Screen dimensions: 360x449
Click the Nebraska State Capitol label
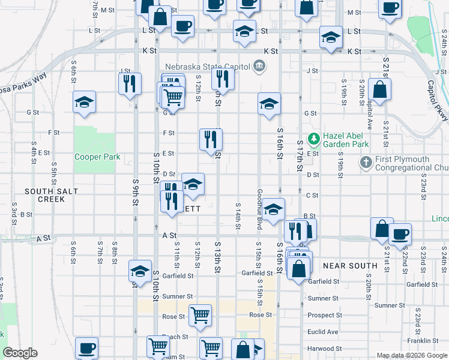pyautogui.click(x=204, y=65)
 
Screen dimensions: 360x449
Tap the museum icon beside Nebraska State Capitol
pyautogui.click(x=259, y=65)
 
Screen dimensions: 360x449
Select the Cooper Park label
pyautogui.click(x=97, y=157)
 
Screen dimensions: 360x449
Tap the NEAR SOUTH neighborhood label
pyautogui.click(x=350, y=265)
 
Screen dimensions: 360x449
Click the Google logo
pyautogui.click(x=20, y=353)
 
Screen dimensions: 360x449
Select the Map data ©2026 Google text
pyautogui.click(x=411, y=355)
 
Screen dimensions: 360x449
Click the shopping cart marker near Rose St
pyautogui.click(x=200, y=314)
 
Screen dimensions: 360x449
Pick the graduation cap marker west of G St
pyautogui.click(x=84, y=102)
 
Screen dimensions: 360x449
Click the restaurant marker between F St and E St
pyautogui.click(x=211, y=139)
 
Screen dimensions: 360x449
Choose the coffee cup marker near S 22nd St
pyautogui.click(x=400, y=234)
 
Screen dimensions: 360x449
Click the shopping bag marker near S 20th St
pyautogui.click(x=379, y=89)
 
